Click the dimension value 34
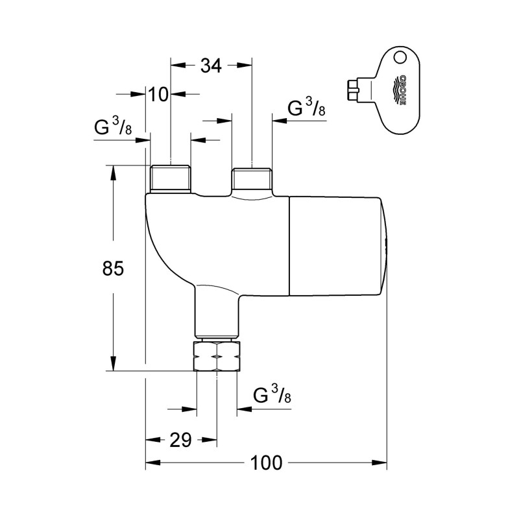click(211, 66)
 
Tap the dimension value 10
click(158, 94)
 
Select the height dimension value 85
click(114, 267)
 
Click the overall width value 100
click(267, 463)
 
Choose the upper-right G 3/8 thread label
click(306, 108)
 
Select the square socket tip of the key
click(353, 90)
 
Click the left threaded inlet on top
click(170, 178)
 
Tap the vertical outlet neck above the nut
click(217, 315)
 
